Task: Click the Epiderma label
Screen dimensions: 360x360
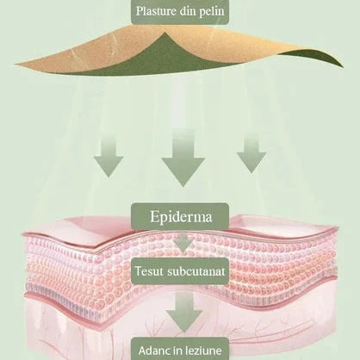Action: click(x=181, y=217)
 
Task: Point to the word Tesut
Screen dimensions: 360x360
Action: click(x=149, y=271)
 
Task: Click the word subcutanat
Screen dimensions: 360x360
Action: click(x=196, y=271)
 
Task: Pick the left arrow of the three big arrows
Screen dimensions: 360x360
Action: click(x=109, y=158)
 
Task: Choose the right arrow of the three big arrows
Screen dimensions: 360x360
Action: click(x=251, y=155)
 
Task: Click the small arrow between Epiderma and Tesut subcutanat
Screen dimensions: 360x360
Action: click(x=183, y=243)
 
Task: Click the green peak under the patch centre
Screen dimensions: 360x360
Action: click(x=165, y=34)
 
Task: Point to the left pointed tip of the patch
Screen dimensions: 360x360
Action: click(x=15, y=65)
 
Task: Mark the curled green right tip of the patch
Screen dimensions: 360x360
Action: click(x=342, y=65)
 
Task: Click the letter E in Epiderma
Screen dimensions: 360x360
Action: click(x=154, y=216)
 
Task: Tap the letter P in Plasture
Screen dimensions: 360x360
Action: click(x=140, y=11)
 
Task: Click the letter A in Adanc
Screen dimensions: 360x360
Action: click(x=142, y=351)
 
